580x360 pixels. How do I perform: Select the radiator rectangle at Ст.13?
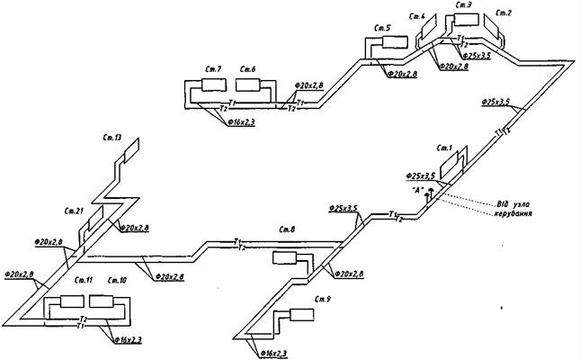point(131,151)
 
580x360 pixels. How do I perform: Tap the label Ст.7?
point(212,69)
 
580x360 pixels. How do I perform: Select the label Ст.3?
point(464,5)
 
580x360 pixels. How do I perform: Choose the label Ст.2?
point(504,13)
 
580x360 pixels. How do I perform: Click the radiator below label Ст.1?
point(447,159)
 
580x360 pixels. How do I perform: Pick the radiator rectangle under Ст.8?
point(288,259)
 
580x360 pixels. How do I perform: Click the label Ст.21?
point(74,211)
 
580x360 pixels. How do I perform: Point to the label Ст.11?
point(72,281)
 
